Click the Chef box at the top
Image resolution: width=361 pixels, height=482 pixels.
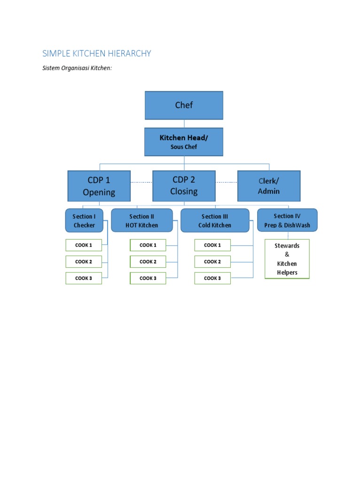pyautogui.click(x=184, y=105)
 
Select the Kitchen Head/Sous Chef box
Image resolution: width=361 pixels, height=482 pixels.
pyautogui.click(x=184, y=142)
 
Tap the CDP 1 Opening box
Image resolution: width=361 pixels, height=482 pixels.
pyautogui.click(x=99, y=186)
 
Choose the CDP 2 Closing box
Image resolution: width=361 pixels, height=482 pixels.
pyautogui.click(x=184, y=185)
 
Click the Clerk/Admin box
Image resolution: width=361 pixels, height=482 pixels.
pyautogui.click(x=269, y=186)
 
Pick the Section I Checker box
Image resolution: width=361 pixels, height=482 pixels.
pyautogui.click(x=84, y=220)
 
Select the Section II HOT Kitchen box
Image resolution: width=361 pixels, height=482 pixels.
pyautogui.click(x=141, y=220)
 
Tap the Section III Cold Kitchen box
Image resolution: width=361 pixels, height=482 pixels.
pyautogui.click(x=215, y=220)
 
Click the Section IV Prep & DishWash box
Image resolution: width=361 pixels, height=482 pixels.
pyautogui.click(x=287, y=220)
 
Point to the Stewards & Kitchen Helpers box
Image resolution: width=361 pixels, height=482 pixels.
pyautogui.click(x=287, y=259)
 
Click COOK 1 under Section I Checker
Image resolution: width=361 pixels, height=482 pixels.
pyautogui.click(x=84, y=245)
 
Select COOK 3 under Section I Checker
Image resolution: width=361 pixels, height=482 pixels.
pyautogui.click(x=84, y=278)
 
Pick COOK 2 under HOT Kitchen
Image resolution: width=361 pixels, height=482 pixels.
pyautogui.click(x=148, y=262)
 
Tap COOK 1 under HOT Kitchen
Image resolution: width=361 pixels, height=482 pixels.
pyautogui.click(x=148, y=245)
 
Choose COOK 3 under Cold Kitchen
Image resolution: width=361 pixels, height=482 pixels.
pyautogui.click(x=212, y=278)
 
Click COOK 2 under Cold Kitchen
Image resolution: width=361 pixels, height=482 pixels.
pyautogui.click(x=212, y=262)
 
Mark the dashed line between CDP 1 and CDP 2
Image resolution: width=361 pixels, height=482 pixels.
pyautogui.click(x=141, y=182)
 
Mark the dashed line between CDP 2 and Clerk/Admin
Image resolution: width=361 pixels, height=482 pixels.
pyautogui.click(x=226, y=182)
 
